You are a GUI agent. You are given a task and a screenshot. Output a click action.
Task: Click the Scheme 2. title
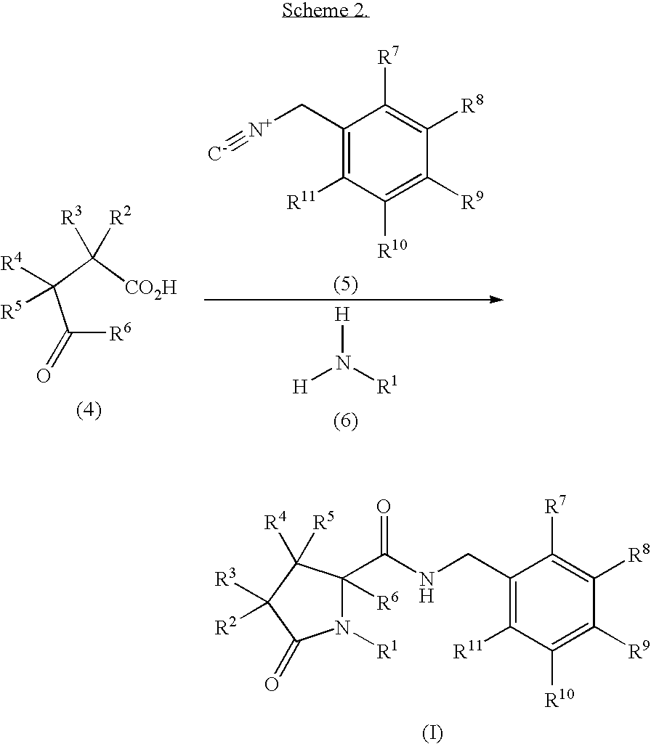click(325, 9)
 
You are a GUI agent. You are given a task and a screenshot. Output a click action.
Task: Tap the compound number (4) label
click(89, 410)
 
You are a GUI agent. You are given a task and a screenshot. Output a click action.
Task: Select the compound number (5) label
click(345, 285)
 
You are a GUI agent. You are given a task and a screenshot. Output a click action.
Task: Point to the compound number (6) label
click(345, 421)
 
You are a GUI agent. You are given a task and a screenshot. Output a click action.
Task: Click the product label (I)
click(432, 733)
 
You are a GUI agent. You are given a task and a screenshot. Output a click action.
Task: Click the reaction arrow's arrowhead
click(496, 299)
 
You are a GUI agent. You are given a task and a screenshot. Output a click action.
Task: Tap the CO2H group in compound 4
click(150, 287)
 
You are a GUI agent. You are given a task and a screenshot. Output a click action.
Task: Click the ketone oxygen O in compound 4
click(43, 376)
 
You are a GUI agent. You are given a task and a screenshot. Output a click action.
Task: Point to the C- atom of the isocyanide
click(215, 154)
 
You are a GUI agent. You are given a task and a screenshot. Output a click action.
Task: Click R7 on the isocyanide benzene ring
click(387, 59)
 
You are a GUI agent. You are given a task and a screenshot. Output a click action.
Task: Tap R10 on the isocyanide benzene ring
click(392, 249)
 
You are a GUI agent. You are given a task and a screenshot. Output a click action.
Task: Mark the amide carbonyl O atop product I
click(383, 507)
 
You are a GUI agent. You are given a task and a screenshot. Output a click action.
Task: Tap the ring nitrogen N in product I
click(342, 628)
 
